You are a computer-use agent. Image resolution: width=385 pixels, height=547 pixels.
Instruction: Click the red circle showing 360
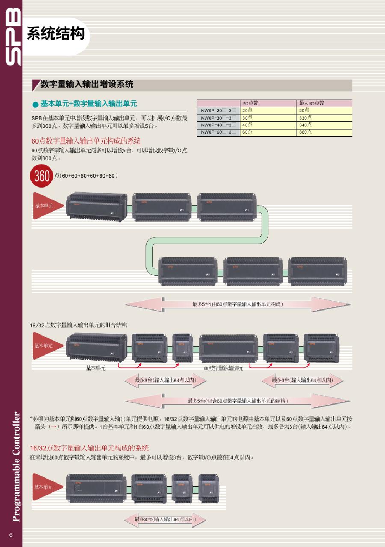pos(41,176)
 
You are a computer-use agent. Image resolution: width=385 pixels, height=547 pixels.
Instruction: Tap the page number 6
pos(11,535)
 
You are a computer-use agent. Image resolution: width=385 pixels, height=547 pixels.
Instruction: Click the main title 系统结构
pos(56,33)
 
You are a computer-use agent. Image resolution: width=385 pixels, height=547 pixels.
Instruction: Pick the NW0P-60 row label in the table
pos(219,132)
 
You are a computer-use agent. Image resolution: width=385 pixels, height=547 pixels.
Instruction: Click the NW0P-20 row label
pos(219,110)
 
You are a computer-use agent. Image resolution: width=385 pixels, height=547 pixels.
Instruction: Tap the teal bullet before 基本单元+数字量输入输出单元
pos(36,105)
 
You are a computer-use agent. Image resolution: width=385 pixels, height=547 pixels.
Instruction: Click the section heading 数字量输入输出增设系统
pos(87,84)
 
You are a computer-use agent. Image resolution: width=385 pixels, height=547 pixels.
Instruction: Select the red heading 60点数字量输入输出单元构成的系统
pos(86,141)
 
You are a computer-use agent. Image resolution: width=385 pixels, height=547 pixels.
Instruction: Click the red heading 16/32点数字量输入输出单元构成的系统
pos(89,448)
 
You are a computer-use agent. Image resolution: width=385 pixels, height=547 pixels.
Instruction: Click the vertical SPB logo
pos(13,37)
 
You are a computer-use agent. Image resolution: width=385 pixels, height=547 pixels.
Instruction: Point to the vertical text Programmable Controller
pos(16,467)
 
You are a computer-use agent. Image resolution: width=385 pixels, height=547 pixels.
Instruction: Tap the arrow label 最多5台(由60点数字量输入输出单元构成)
pos(238,304)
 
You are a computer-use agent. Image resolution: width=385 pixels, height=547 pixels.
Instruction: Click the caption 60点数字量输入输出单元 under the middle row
pos(223,368)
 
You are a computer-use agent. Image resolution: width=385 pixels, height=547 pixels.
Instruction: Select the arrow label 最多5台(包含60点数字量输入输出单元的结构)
pos(238,401)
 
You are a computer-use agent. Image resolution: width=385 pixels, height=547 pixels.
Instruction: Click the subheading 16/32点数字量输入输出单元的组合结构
pos(78,325)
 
